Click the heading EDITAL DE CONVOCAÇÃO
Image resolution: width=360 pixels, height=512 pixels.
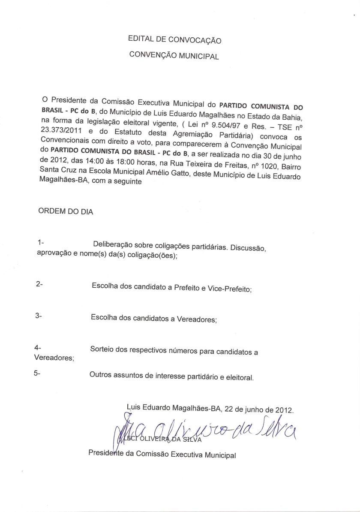click(x=174, y=40)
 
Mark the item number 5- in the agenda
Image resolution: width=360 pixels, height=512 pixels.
click(x=37, y=373)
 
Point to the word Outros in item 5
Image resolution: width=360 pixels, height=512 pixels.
click(x=100, y=375)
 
